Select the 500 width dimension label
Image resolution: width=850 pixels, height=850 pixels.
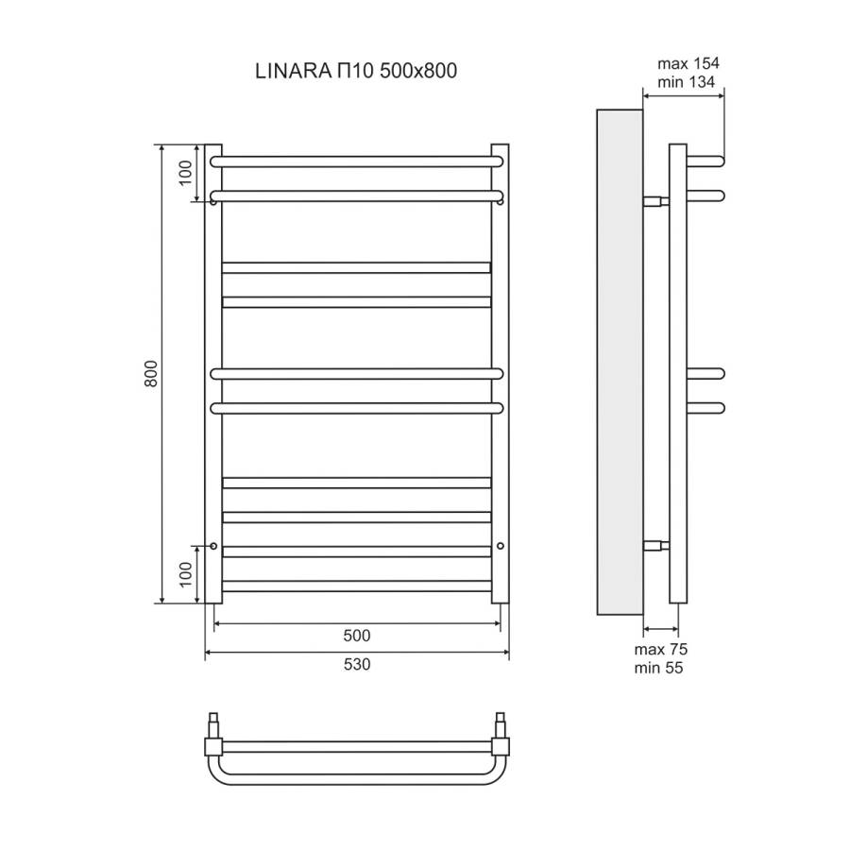tap(357, 635)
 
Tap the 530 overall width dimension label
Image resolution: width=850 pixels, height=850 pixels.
tap(357, 664)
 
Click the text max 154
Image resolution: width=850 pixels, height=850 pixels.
tap(688, 64)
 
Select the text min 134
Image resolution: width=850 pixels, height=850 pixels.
tap(687, 83)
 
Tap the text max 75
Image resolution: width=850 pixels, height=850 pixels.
tap(660, 649)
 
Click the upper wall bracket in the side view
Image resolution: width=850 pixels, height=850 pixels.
tap(655, 201)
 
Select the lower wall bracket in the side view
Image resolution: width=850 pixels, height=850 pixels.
tap(655, 545)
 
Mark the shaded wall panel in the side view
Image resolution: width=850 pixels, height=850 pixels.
tap(620, 361)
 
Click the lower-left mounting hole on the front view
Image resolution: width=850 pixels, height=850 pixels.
tap(214, 546)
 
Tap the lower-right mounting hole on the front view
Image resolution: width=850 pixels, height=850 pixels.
tap(500, 546)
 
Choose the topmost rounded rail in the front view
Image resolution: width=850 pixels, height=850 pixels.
tap(357, 161)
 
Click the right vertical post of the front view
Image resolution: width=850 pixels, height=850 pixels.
tap(501, 374)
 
